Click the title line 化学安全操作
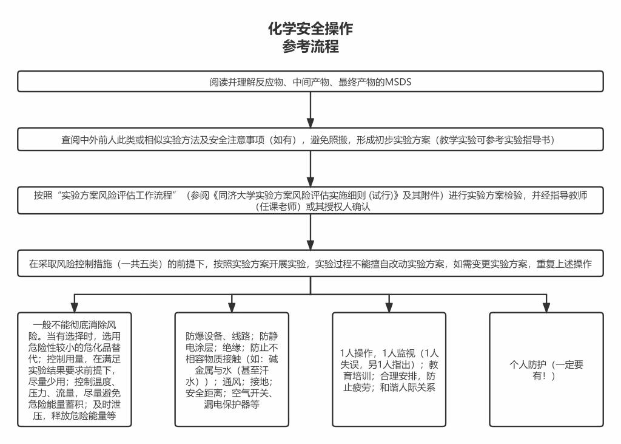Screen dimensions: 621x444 pyautogui.click(x=310, y=29)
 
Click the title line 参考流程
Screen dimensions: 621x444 pyautogui.click(x=310, y=46)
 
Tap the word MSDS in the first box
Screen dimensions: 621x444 pyautogui.click(x=398, y=82)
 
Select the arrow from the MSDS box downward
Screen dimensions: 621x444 pyautogui.click(x=310, y=110)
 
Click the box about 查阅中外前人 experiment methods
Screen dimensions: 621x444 pyautogui.click(x=310, y=139)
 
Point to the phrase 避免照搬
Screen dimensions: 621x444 pyautogui.click(x=329, y=140)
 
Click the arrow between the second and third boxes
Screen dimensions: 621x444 pyautogui.click(x=310, y=169)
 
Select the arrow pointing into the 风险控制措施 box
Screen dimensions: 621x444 pyautogui.click(x=310, y=232)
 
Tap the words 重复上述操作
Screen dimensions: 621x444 pyautogui.click(x=564, y=264)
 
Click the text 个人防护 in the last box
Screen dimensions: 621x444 pyautogui.click(x=528, y=364)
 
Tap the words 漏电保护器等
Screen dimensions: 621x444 pyautogui.click(x=232, y=405)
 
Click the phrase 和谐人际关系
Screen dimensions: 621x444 pyautogui.click(x=408, y=388)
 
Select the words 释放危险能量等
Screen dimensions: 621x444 pyautogui.click(x=84, y=416)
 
